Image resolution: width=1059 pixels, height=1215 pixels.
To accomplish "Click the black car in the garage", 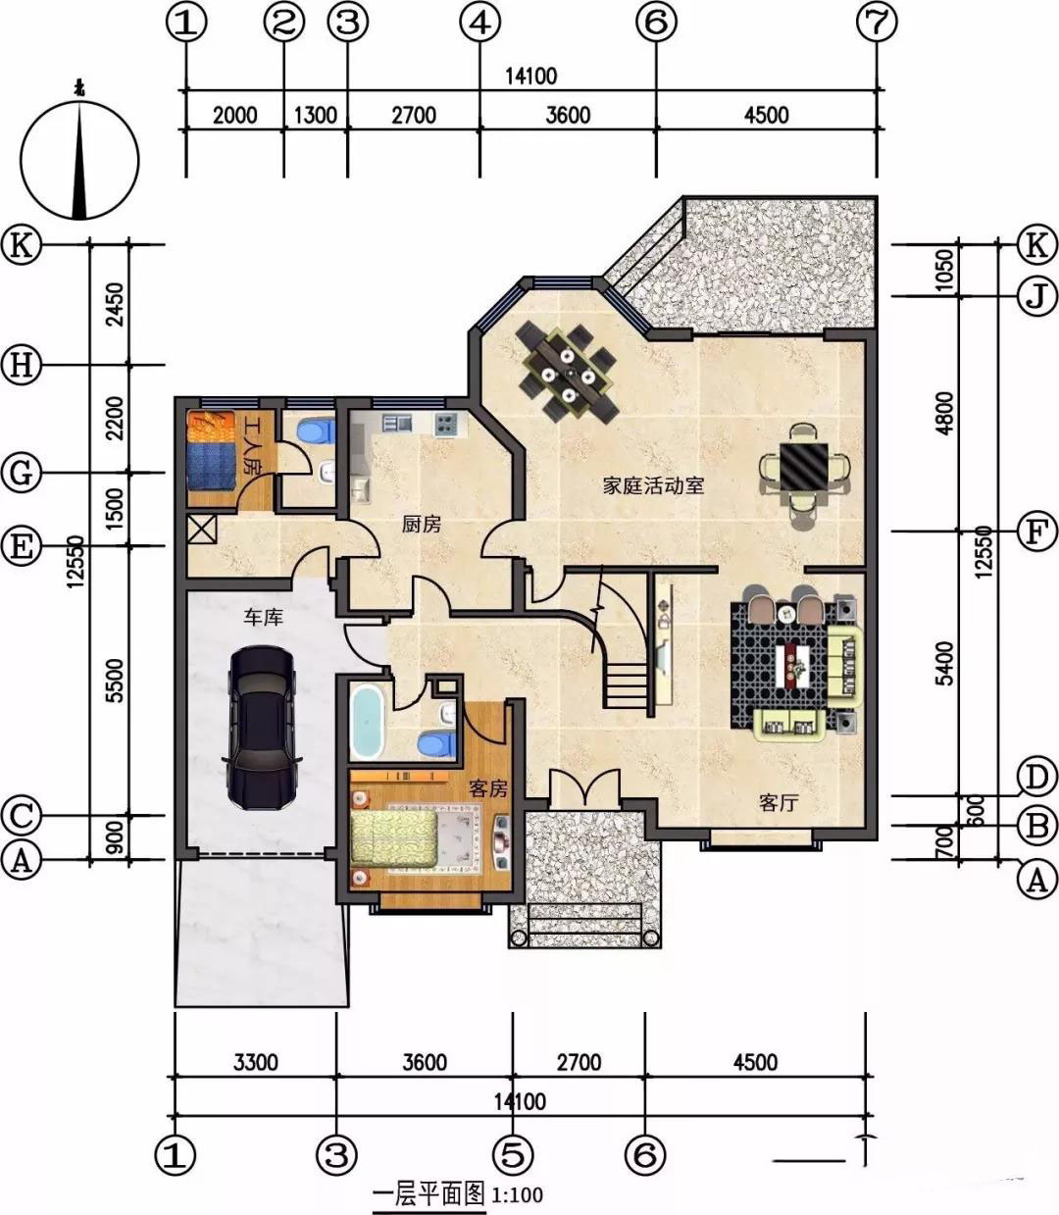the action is click(262, 727).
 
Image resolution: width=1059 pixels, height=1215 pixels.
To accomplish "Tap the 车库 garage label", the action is click(263, 617).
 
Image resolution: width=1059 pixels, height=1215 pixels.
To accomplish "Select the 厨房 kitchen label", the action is click(421, 525).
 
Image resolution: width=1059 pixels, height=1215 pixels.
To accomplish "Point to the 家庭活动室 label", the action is click(654, 485).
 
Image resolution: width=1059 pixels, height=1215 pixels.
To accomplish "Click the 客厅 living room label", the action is click(779, 803).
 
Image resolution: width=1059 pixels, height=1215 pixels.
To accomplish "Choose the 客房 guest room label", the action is click(488, 788).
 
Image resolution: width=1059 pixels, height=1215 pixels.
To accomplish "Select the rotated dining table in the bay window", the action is click(568, 373).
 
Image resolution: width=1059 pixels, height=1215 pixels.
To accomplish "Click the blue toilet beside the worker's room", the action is click(315, 430).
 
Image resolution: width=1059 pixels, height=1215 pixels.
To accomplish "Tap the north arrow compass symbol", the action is click(79, 158).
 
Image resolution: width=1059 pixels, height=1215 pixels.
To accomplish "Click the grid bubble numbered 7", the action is click(877, 24).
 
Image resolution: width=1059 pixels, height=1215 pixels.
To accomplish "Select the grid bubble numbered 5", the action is click(514, 1156).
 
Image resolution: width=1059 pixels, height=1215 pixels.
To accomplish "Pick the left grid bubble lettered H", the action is click(22, 365).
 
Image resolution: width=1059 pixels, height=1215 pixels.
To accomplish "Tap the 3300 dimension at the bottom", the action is click(255, 1062).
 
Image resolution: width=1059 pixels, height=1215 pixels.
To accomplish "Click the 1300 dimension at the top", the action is click(316, 115).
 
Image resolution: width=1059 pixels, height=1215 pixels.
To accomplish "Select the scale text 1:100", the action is click(517, 1194).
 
